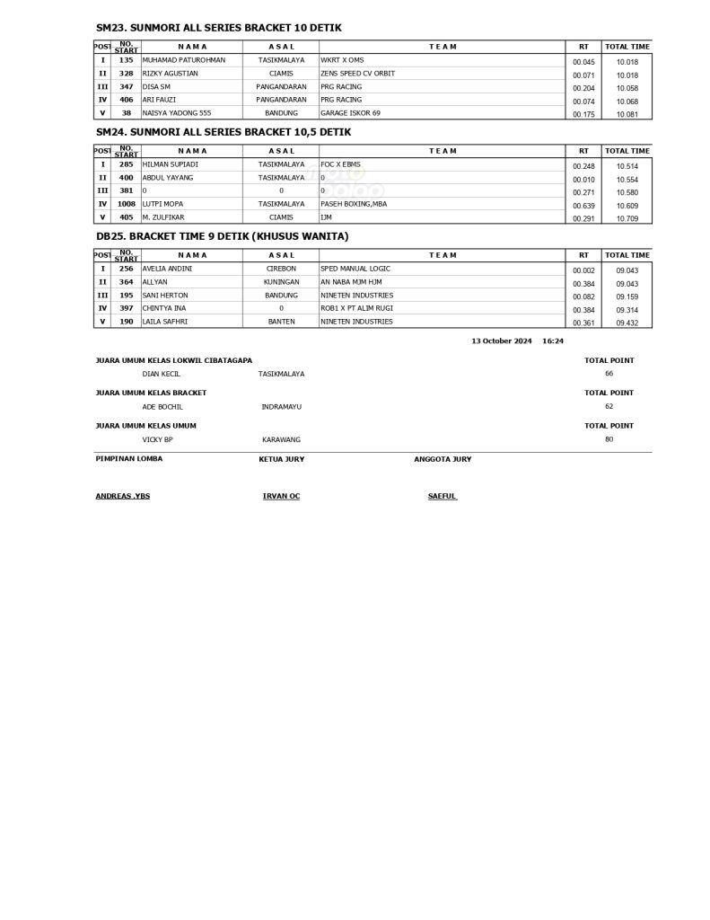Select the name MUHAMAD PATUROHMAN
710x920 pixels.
(x=184, y=60)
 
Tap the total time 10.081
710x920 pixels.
(x=627, y=114)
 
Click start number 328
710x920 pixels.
(x=127, y=74)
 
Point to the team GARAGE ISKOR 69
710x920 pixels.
(x=350, y=113)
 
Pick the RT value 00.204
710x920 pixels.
(x=583, y=88)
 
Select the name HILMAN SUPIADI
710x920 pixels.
(x=170, y=164)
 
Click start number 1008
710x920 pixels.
(x=127, y=204)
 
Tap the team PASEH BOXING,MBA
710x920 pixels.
(x=354, y=204)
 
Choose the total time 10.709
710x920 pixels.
(x=627, y=218)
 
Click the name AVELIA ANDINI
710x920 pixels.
(x=167, y=269)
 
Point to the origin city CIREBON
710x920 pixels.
(x=281, y=269)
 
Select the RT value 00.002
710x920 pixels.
(x=583, y=270)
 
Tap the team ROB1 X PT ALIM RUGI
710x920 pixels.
(x=355, y=308)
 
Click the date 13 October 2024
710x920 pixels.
(x=502, y=341)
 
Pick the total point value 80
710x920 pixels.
(x=609, y=439)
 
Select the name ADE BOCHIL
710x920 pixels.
(x=162, y=407)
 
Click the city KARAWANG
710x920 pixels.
(x=281, y=439)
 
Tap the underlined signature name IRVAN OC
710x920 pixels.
(x=281, y=496)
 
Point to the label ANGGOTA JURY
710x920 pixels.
(x=443, y=459)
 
